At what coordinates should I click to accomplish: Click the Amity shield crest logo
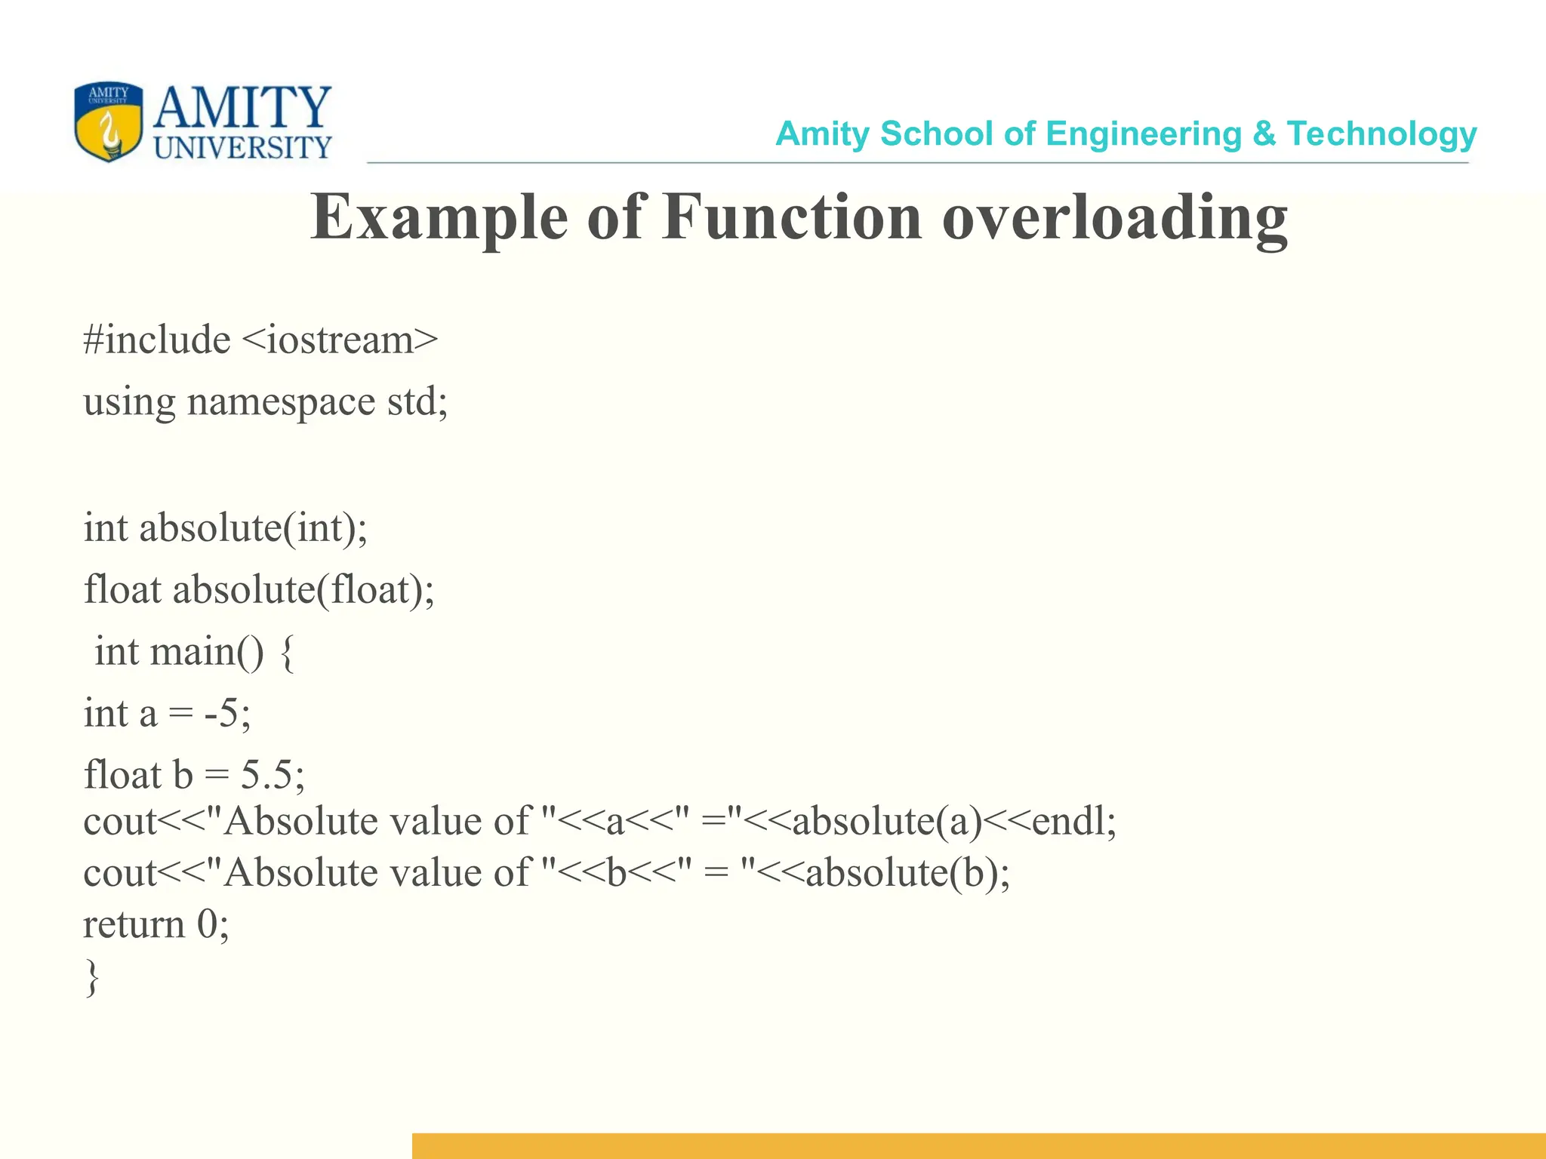(108, 122)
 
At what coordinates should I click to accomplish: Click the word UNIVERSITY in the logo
(242, 147)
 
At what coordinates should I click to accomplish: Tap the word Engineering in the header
(1144, 134)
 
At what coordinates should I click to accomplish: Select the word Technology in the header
(1381, 134)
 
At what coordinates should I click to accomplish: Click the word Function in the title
(793, 217)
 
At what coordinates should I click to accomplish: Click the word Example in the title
(439, 217)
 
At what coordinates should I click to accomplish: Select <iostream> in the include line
(340, 340)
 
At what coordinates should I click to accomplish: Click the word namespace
(281, 401)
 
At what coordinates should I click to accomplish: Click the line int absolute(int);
(226, 527)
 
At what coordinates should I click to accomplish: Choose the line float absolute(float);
(259, 589)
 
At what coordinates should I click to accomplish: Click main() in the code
(207, 651)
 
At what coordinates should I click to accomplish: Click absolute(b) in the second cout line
(901, 873)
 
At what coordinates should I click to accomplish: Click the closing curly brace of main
(92, 978)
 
